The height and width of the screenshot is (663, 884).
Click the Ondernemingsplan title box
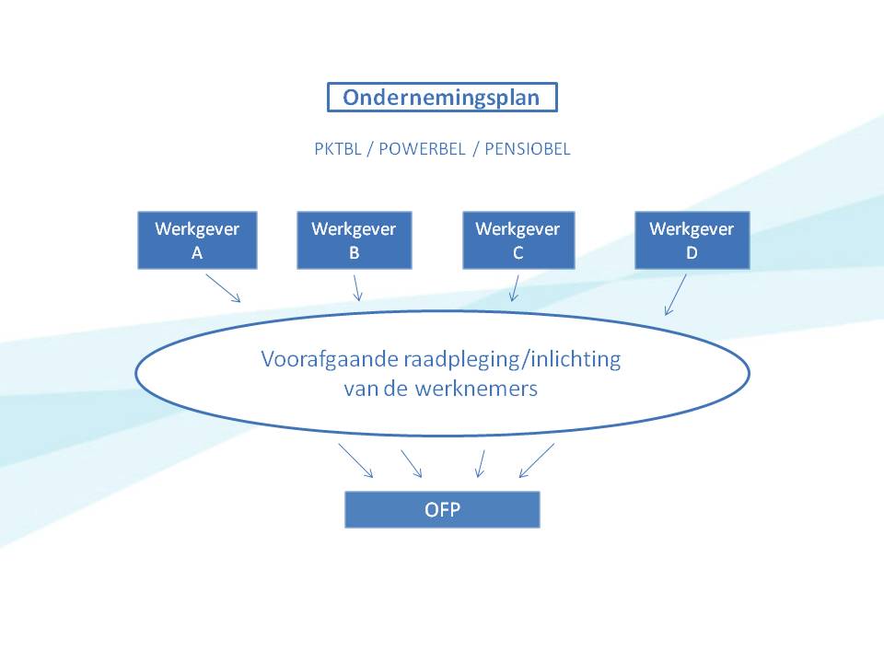[442, 98]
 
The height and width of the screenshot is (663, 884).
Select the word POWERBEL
[419, 149]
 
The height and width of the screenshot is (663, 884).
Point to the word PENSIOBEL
[528, 149]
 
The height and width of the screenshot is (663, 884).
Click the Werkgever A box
[197, 240]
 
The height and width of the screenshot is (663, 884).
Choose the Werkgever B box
[354, 240]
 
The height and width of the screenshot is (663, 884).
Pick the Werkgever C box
[518, 240]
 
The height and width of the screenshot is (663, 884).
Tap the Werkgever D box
[692, 240]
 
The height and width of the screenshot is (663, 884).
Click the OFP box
[442, 509]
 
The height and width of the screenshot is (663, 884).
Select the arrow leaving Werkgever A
[223, 287]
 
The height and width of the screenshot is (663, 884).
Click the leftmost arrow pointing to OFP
[355, 460]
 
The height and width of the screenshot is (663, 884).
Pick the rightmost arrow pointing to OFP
[537, 460]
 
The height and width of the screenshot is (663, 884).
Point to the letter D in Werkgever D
[692, 254]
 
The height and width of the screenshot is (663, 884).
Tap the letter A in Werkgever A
[197, 254]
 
